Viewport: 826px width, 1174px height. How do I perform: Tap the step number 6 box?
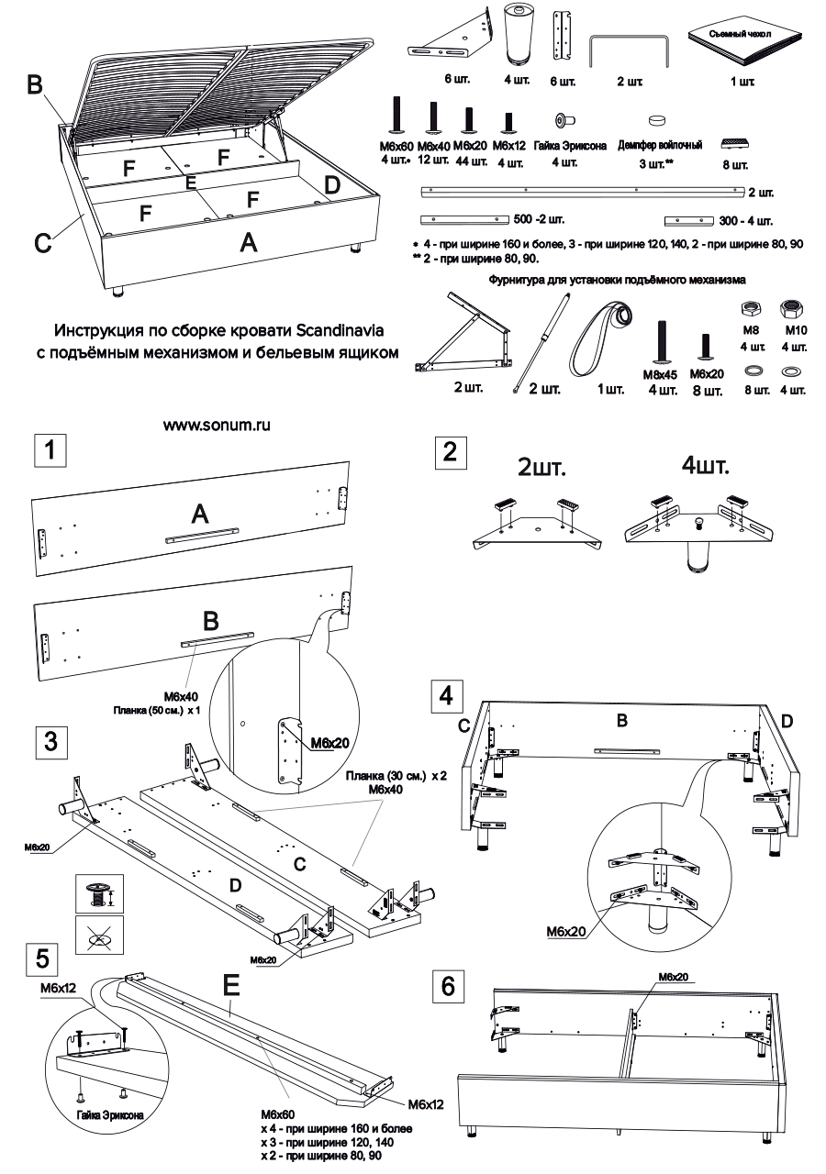coord(448,987)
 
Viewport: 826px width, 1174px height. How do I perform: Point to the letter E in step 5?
coord(230,986)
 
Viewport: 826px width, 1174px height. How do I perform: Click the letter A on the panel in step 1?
coord(199,516)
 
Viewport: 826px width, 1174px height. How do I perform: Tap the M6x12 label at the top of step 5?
coord(58,990)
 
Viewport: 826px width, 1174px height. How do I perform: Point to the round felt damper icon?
coord(658,119)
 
